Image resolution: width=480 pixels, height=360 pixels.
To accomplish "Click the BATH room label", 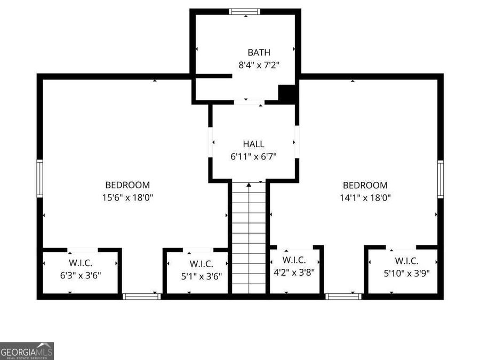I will click(259, 52).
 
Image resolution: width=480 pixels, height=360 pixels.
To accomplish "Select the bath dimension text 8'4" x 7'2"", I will click(259, 65).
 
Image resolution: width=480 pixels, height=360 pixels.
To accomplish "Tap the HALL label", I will click(253, 144).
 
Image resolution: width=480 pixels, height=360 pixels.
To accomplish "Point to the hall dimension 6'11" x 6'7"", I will click(253, 156).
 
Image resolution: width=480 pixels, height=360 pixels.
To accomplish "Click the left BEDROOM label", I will click(127, 185).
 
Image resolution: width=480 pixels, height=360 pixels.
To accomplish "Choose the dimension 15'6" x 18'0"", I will click(127, 197).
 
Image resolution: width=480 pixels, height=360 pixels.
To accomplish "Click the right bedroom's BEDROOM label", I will click(365, 185).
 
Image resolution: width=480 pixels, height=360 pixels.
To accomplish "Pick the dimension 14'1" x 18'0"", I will click(365, 197).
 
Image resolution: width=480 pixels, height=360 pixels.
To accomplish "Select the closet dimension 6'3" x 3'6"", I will click(81, 275).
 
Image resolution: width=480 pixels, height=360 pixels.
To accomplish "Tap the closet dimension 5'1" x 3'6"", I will click(201, 276).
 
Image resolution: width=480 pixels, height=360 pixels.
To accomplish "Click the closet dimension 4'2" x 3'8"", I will click(294, 272).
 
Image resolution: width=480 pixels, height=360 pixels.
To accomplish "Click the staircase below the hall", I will click(249, 237).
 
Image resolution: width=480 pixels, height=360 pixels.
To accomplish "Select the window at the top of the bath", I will click(245, 11).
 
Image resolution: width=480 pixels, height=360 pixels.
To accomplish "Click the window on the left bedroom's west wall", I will click(39, 179).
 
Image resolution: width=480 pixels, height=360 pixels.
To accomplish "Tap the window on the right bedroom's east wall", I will click(441, 179).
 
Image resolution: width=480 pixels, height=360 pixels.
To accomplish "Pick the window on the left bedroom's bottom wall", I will click(141, 296).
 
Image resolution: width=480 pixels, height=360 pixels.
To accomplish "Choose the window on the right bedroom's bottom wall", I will click(343, 296).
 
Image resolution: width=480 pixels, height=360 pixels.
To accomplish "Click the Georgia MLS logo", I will click(27, 351).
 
